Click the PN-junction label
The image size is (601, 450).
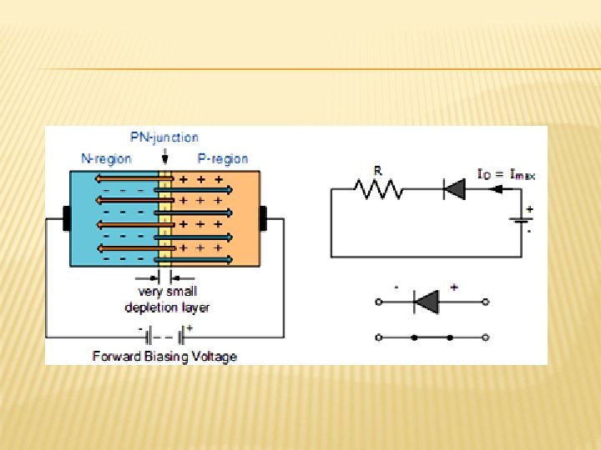[x=164, y=137]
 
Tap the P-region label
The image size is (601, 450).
[x=223, y=157]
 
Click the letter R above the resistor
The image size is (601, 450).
[x=377, y=171]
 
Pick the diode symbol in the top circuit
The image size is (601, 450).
[x=453, y=190]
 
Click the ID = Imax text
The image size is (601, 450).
[x=506, y=175]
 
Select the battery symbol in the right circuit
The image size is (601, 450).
[x=520, y=221]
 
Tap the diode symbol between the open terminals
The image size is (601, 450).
[x=427, y=302]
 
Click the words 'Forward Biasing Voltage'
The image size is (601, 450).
[x=164, y=356]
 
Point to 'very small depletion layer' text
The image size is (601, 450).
[x=167, y=299]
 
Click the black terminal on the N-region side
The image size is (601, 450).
[x=67, y=218]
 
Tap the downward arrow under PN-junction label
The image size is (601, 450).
[x=165, y=156]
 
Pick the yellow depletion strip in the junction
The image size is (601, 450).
[x=165, y=218]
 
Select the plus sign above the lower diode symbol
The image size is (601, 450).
[x=454, y=287]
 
